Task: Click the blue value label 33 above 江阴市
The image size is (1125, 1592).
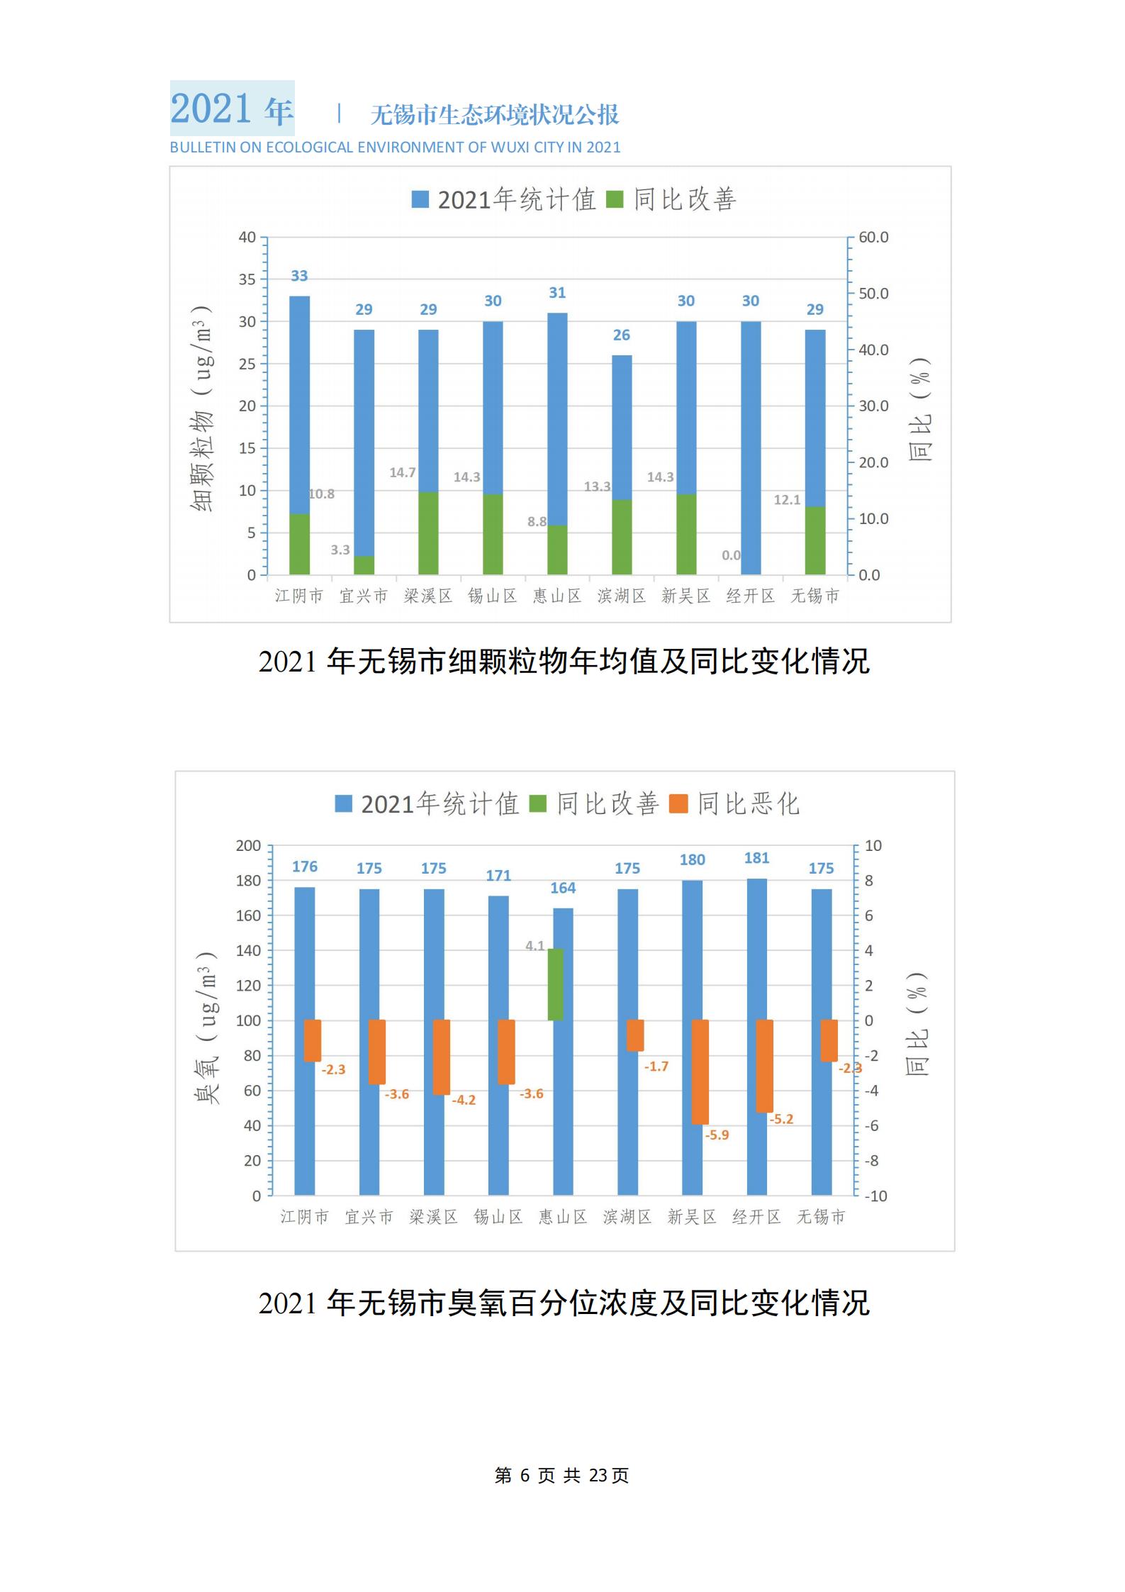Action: tap(299, 276)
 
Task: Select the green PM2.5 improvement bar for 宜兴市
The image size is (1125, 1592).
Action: tap(364, 564)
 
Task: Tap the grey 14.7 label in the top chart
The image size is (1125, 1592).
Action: tap(403, 472)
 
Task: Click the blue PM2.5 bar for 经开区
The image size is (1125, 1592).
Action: tap(751, 447)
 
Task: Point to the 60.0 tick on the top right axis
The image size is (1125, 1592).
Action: tap(873, 238)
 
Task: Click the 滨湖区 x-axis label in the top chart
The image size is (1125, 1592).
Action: tap(622, 596)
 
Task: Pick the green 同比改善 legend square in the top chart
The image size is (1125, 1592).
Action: tap(615, 199)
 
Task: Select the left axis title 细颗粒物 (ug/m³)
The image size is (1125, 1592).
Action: tap(203, 408)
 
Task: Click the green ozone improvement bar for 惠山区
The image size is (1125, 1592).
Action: tap(555, 984)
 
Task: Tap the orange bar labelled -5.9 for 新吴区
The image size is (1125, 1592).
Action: tap(700, 1071)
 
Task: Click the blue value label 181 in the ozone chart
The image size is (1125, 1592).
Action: tap(756, 858)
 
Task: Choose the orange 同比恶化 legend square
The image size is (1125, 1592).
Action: tap(679, 803)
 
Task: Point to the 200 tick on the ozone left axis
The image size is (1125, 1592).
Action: tap(249, 845)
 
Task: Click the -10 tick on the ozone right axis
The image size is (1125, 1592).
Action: tap(875, 1196)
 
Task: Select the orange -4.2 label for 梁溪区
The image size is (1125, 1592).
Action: tap(464, 1100)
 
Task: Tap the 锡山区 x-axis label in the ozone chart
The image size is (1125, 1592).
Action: tap(498, 1217)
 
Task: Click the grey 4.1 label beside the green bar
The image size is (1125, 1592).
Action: tap(535, 945)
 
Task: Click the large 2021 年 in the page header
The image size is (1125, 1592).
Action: tap(232, 108)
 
